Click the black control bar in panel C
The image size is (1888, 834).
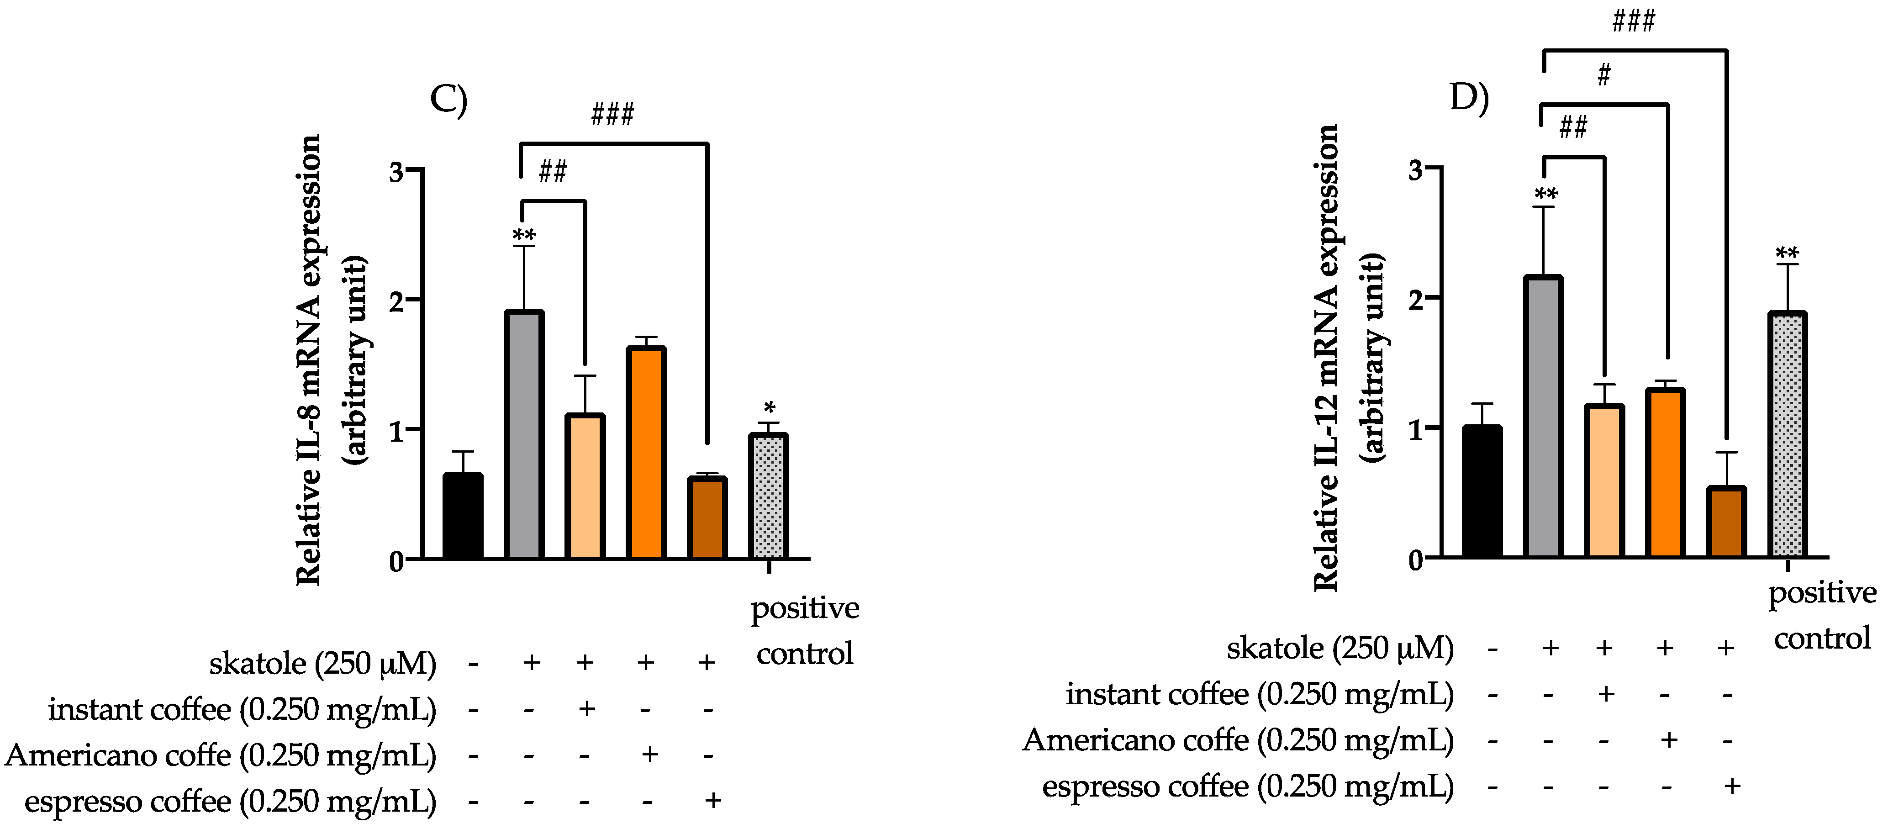pos(463,516)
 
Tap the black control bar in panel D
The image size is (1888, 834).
pos(1482,492)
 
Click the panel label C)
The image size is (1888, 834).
pos(448,100)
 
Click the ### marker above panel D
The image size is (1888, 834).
pos(1633,21)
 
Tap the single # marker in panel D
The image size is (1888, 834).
pos(1603,75)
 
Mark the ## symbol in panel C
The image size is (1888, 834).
pos(553,172)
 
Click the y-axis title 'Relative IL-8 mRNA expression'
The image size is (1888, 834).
pos(309,360)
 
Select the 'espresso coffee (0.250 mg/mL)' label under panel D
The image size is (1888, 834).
pos(1247,787)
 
